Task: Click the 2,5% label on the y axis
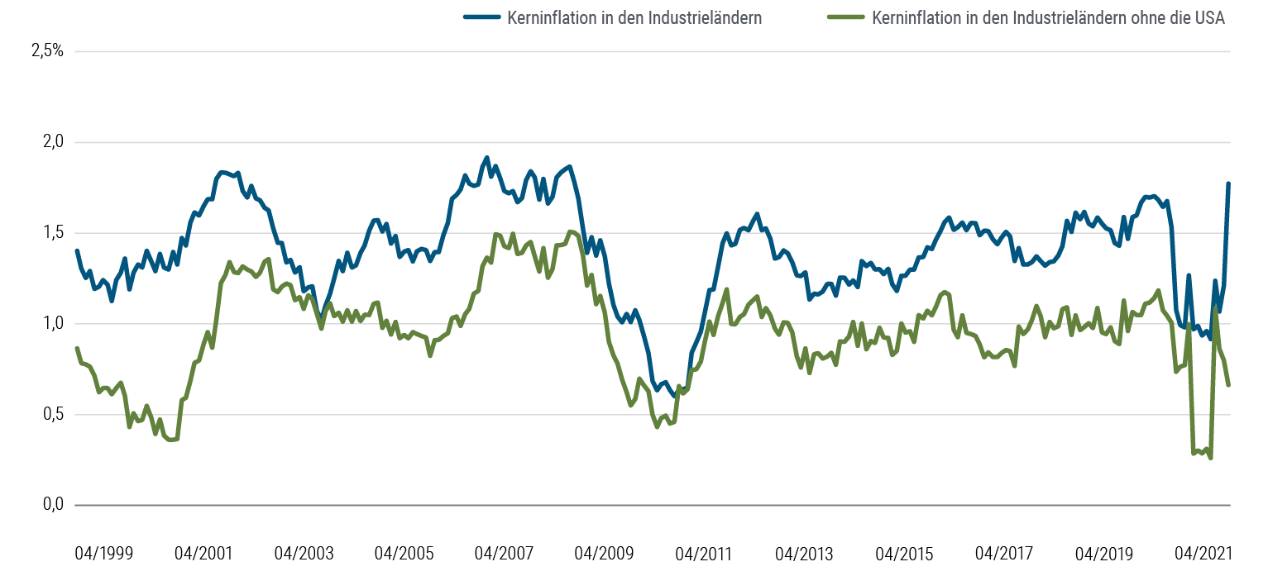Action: [46, 51]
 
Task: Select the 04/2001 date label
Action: [203, 553]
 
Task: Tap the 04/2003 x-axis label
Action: [304, 553]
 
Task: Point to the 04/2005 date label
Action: [404, 553]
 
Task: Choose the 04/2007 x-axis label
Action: [505, 553]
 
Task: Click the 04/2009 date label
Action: [605, 553]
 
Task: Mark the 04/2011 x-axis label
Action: [705, 553]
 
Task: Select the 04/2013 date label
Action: [805, 553]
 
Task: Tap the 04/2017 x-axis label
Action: [1005, 553]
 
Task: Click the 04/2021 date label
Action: [1204, 553]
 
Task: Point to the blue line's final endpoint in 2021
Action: [1229, 183]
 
